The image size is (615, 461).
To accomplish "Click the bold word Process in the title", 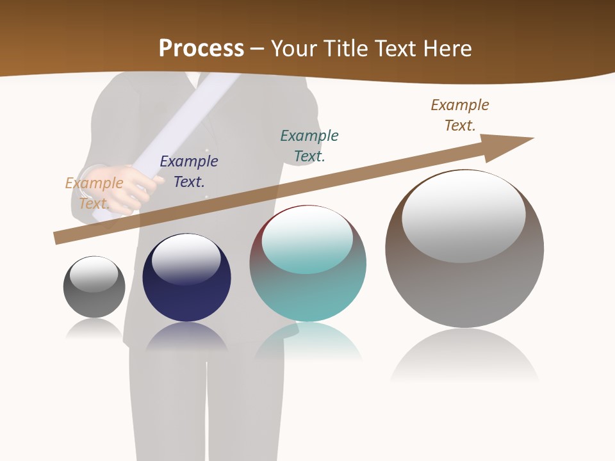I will (x=201, y=49).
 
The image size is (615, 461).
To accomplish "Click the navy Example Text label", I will (x=189, y=172).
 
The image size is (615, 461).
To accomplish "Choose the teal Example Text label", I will (x=309, y=145).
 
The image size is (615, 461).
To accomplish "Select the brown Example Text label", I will (x=460, y=115).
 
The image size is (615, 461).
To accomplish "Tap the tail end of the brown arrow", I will (x=61, y=238).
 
